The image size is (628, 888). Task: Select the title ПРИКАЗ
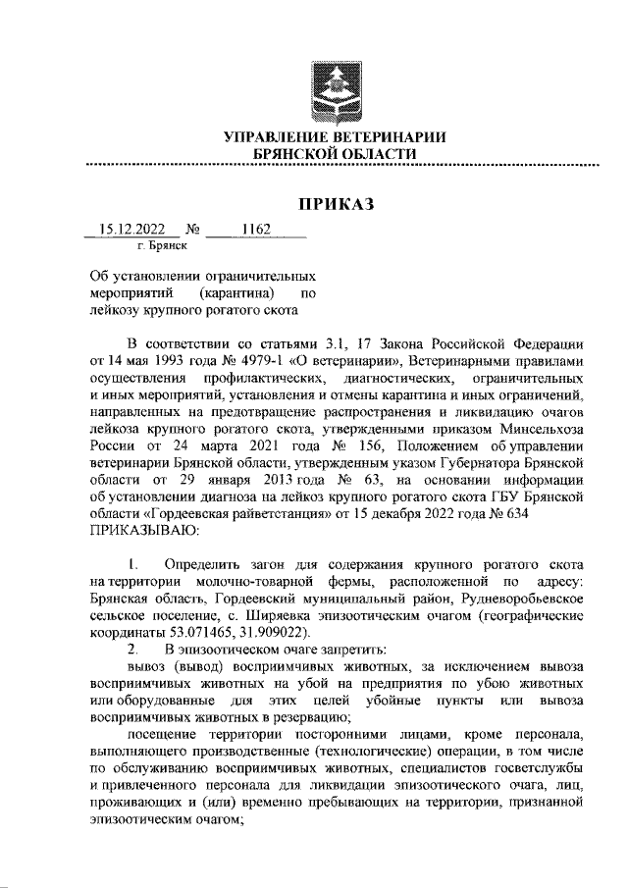pyautogui.click(x=336, y=204)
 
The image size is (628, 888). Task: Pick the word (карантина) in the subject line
pyautogui.click(x=237, y=292)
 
